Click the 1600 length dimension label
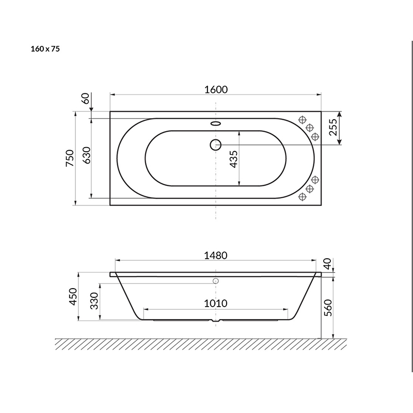coord(216,90)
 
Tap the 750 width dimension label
coord(70,158)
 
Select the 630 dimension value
coord(87,155)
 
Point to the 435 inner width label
coord(233,159)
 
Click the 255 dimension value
coord(333,127)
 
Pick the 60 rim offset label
coord(86,99)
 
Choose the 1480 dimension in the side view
coord(216,256)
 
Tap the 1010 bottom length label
coord(216,304)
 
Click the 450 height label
coord(73,296)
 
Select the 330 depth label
coord(94,301)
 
